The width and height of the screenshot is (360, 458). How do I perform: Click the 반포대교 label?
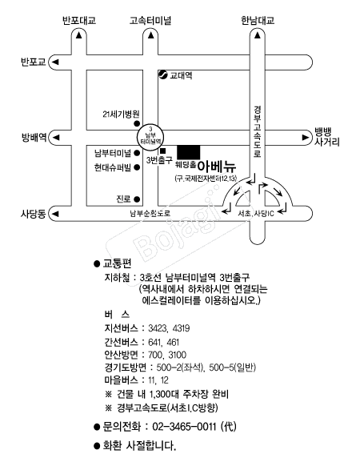pyautogui.click(x=79, y=21)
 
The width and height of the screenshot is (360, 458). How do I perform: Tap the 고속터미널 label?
pyautogui.click(x=150, y=21)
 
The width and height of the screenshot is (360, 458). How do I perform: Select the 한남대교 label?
pyautogui.click(x=258, y=21)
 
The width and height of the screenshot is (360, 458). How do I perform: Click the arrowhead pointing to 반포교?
pyautogui.click(x=55, y=62)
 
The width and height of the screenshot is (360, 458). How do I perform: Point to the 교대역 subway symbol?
pyautogui.click(x=162, y=74)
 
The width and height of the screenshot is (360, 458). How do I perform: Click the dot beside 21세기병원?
pyautogui.click(x=137, y=123)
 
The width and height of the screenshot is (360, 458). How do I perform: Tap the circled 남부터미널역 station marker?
pyautogui.click(x=150, y=137)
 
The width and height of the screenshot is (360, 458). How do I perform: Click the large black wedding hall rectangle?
pyautogui.click(x=189, y=152)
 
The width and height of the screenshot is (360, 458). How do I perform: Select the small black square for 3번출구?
pyautogui.click(x=162, y=151)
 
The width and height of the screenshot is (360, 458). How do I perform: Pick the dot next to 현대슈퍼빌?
pyautogui.click(x=137, y=167)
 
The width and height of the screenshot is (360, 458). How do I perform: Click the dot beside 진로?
pyautogui.click(x=137, y=199)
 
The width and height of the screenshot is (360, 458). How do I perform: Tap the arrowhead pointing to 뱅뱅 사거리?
pyautogui.click(x=306, y=137)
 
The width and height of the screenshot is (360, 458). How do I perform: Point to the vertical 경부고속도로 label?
pyautogui.click(x=258, y=132)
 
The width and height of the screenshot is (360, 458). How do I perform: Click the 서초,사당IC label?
pyautogui.click(x=256, y=214)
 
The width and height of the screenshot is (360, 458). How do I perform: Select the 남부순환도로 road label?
pyautogui.click(x=150, y=213)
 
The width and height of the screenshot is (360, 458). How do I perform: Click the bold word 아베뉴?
pyautogui.click(x=217, y=167)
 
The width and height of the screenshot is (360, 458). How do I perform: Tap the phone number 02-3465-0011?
pyautogui.click(x=184, y=427)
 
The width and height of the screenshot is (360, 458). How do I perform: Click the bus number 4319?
pyautogui.click(x=181, y=328)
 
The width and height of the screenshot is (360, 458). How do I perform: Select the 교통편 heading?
pyautogui.click(x=117, y=263)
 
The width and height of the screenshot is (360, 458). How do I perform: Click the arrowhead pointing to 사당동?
pyautogui.click(x=55, y=214)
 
